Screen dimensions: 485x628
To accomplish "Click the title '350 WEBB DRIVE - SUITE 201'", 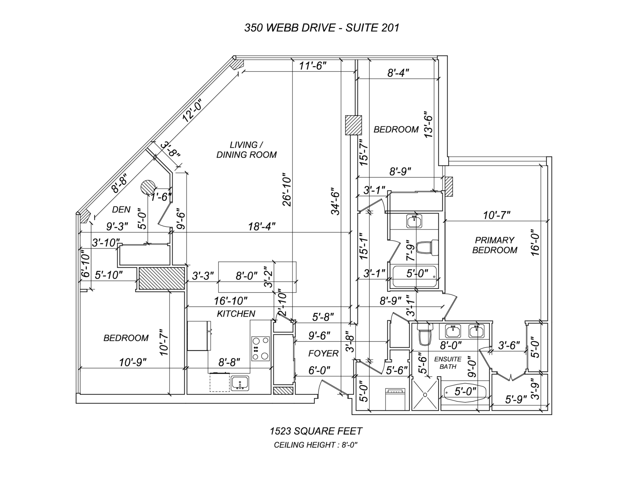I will click(321, 27).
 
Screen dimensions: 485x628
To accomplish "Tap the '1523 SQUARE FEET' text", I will click(316, 431).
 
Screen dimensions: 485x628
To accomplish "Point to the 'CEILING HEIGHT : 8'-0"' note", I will click(316, 445).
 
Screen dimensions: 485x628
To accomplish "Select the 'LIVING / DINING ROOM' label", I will click(246, 150).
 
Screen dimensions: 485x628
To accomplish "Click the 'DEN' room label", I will click(121, 210).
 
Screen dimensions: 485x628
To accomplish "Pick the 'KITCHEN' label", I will click(236, 314).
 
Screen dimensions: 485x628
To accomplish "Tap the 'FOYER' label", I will click(323, 354).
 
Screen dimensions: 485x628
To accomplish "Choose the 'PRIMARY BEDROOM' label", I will click(495, 245).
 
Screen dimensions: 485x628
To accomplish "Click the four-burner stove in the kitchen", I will click(261, 348).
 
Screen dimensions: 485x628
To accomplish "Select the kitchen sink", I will click(239, 383).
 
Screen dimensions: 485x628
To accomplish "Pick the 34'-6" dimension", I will click(336, 201).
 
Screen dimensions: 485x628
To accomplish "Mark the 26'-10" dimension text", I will click(287, 190).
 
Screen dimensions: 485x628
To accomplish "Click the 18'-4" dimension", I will click(262, 226).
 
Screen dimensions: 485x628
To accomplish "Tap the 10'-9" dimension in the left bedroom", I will click(133, 362).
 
